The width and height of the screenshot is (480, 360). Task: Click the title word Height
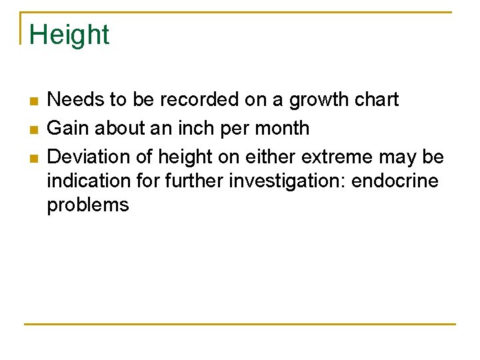(x=69, y=35)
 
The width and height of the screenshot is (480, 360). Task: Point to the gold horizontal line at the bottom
(x=240, y=325)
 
